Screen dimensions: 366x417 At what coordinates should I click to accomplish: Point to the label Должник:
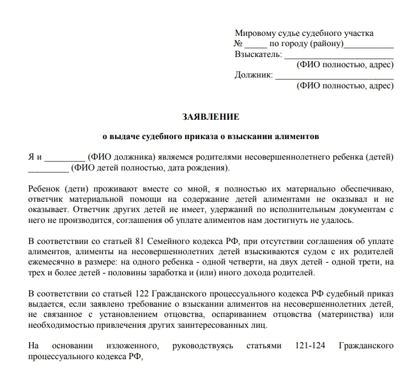(x=254, y=75)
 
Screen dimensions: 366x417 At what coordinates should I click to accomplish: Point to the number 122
(x=126, y=294)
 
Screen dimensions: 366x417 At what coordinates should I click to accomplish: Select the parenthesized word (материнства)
(x=340, y=314)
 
